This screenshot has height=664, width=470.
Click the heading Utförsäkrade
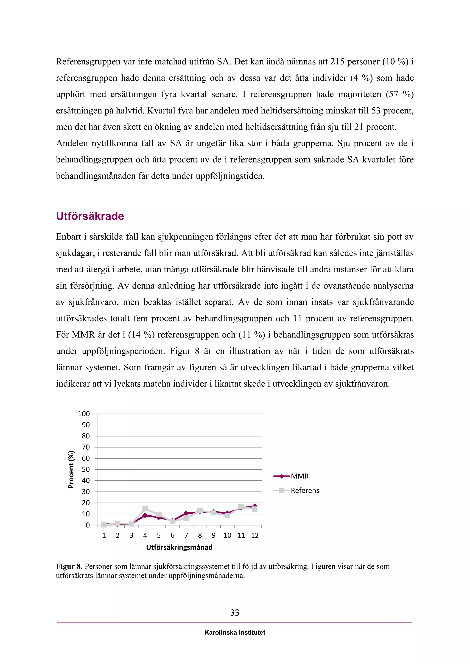(90, 216)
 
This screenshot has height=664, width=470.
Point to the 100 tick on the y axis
(84, 414)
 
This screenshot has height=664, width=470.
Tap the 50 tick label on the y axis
(86, 469)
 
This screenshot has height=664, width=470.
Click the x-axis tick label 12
(255, 535)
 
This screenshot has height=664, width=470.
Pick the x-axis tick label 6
(173, 535)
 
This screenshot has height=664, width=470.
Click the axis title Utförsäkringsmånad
(179, 547)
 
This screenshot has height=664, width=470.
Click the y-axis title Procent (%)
(71, 469)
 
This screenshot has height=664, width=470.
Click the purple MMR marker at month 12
(255, 506)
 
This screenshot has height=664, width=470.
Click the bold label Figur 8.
(69, 566)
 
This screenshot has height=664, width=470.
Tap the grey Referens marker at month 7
(186, 518)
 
